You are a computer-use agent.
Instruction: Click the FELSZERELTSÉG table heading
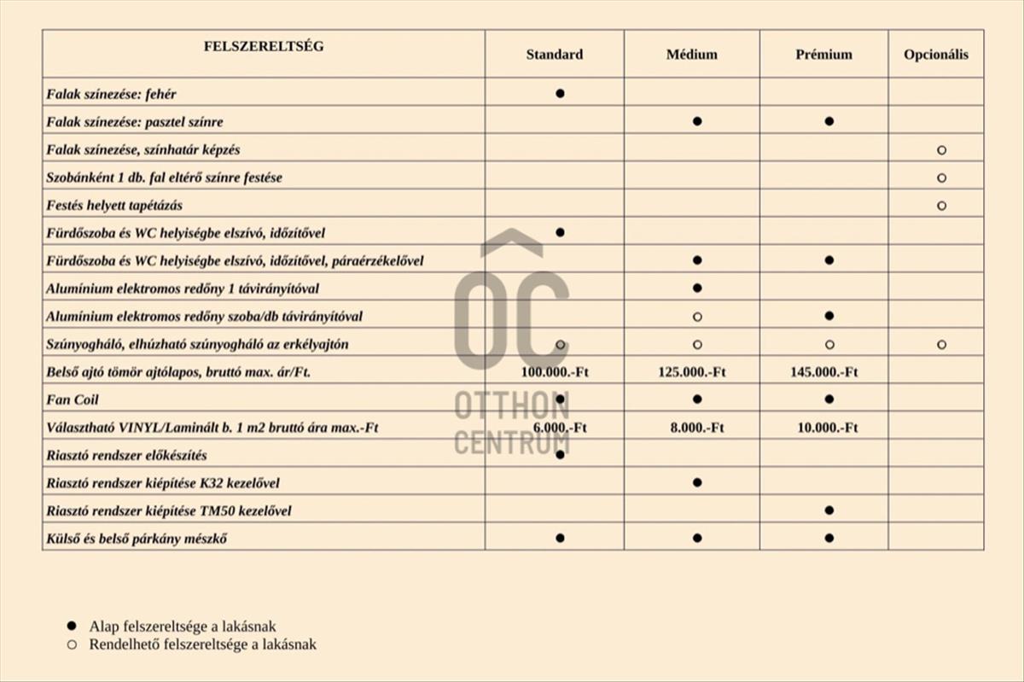click(264, 46)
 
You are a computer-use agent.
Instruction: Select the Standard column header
click(555, 55)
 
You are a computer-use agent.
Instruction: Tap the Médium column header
click(692, 55)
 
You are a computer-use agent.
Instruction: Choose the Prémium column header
click(824, 55)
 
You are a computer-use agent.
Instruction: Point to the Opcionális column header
click(936, 55)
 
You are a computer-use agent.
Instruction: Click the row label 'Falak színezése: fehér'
click(112, 94)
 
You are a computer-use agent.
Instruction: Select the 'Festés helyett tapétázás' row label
click(114, 205)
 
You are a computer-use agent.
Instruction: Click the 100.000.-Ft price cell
click(555, 372)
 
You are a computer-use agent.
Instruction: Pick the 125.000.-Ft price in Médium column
click(692, 372)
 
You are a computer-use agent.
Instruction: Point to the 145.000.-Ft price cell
click(824, 372)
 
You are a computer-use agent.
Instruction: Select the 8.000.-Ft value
click(697, 428)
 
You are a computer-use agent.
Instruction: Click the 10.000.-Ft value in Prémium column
click(828, 428)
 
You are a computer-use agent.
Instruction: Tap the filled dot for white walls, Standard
click(560, 93)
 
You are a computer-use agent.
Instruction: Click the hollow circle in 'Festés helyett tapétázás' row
click(941, 206)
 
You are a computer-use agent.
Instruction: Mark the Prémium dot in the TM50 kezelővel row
click(829, 510)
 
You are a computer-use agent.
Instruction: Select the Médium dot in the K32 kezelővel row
click(697, 482)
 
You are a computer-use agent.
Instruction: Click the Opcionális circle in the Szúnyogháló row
click(941, 345)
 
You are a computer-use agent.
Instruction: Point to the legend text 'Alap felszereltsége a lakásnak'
click(183, 627)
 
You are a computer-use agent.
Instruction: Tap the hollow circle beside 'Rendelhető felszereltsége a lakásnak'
click(73, 644)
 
